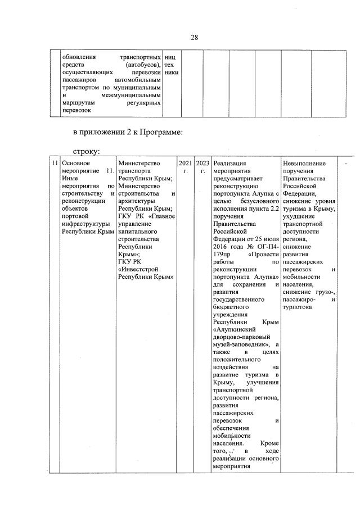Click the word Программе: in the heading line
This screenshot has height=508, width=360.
159,133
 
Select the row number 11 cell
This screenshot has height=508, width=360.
53,163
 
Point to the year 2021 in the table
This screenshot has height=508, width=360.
185,163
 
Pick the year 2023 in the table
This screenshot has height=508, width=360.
202,163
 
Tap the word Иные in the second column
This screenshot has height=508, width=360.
70,178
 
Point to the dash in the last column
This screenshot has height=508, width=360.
346,163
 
